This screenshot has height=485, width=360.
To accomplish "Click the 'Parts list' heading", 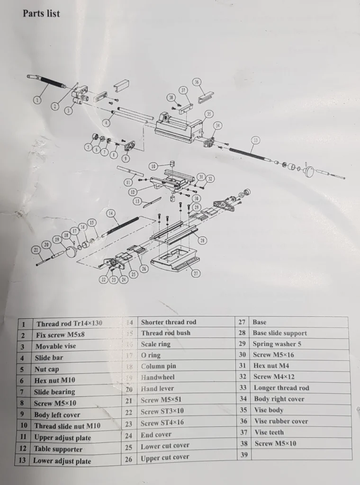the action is (41, 14).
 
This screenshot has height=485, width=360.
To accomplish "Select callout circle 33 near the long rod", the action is (256, 140).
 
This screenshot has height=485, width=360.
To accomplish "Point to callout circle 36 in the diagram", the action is (197, 82).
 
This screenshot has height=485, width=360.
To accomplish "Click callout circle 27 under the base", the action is (196, 273).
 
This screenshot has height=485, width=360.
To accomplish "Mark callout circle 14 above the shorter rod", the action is (110, 213).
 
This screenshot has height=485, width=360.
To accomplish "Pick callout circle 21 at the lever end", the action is (35, 250).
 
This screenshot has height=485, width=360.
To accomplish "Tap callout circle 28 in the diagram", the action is (202, 241).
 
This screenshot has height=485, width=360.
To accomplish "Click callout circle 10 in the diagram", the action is (153, 166).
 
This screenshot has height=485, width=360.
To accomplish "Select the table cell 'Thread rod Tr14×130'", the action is (69, 324).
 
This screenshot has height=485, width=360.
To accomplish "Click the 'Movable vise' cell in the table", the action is (55, 346).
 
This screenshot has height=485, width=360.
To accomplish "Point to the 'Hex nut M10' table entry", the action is (54, 380).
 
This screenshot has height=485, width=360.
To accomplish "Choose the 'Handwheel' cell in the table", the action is (158, 377).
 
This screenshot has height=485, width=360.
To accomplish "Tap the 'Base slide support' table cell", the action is (279, 333).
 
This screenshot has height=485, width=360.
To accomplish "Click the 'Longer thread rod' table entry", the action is (281, 388).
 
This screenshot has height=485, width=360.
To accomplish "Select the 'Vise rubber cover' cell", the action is (281, 421).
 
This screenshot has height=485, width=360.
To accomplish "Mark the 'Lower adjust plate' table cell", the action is (62, 461).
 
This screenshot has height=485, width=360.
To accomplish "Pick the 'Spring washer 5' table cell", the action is (277, 344).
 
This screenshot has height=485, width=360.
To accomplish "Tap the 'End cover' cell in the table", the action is (156, 435).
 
